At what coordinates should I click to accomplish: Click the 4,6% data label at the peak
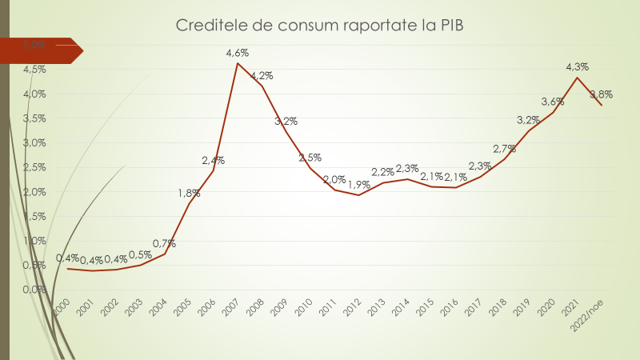pyautogui.click(x=238, y=53)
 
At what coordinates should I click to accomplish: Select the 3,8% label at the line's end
pyautogui.click(x=601, y=94)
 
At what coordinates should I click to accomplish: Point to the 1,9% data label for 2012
pyautogui.click(x=358, y=184)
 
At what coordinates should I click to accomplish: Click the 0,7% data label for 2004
pyautogui.click(x=164, y=243)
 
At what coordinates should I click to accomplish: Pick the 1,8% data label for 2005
pyautogui.click(x=189, y=193)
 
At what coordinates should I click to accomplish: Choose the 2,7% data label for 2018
pyautogui.click(x=504, y=149)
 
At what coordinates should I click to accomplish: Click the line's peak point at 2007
pyautogui.click(x=238, y=63)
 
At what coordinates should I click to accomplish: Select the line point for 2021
pyautogui.click(x=578, y=78)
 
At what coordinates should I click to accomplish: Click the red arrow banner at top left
pyautogui.click(x=40, y=50)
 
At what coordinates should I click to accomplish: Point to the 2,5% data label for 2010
pyautogui.click(x=310, y=158)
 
